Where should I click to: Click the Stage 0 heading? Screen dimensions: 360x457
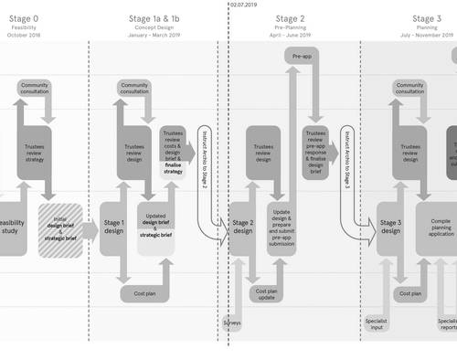(24, 18)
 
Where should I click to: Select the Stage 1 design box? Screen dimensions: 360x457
(114, 227)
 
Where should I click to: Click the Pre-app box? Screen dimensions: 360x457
(303, 57)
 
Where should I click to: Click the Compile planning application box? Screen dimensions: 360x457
(441, 227)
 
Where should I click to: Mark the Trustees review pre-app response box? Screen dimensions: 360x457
(315, 150)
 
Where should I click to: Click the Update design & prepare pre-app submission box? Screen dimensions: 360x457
(282, 227)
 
